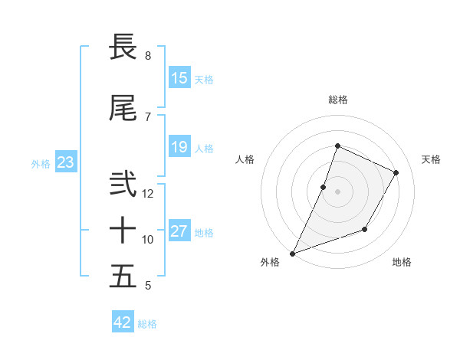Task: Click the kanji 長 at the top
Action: (x=123, y=47)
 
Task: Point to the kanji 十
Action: (x=123, y=230)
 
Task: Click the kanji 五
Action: (x=123, y=276)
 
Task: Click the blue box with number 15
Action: (x=179, y=78)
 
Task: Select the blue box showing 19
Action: (x=179, y=147)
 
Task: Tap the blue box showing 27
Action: (x=179, y=231)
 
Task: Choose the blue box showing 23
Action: (x=66, y=162)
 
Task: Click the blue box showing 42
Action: (x=123, y=322)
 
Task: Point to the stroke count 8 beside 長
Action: (x=147, y=56)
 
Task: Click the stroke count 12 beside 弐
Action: (x=148, y=193)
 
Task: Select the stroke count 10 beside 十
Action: (x=148, y=240)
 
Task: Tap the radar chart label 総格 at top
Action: (x=338, y=100)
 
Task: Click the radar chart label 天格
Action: (x=431, y=159)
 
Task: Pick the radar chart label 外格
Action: (x=270, y=262)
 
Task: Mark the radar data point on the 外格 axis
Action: (x=292, y=253)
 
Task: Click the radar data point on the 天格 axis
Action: (x=396, y=172)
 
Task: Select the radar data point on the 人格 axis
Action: (x=324, y=187)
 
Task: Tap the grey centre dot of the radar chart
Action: (x=337, y=191)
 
